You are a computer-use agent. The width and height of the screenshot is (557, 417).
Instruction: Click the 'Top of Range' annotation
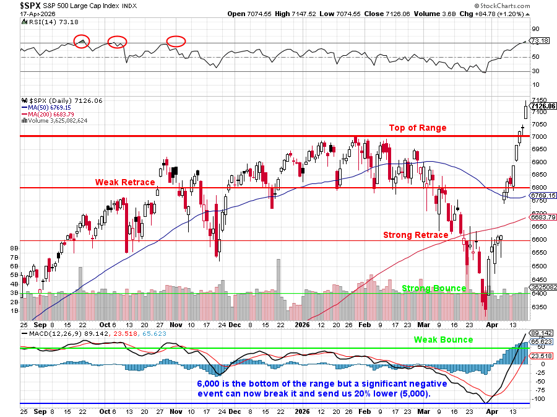point(417,128)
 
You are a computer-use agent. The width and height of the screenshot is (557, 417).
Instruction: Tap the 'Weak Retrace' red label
point(124,182)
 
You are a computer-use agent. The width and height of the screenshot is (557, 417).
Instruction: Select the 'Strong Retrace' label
point(415,235)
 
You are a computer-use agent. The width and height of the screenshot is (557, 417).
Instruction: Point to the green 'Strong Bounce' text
point(434,288)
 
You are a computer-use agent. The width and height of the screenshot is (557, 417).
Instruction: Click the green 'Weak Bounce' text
point(443,340)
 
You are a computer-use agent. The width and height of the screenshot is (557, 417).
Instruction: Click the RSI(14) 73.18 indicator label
point(48,22)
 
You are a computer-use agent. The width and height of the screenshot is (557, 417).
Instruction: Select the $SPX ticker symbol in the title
point(31,5)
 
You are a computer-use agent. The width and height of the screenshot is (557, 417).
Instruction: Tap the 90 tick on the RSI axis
point(535,29)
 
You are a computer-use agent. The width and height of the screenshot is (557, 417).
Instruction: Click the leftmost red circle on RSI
point(82,42)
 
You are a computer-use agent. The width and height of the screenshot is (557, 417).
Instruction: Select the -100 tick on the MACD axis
point(538,399)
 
